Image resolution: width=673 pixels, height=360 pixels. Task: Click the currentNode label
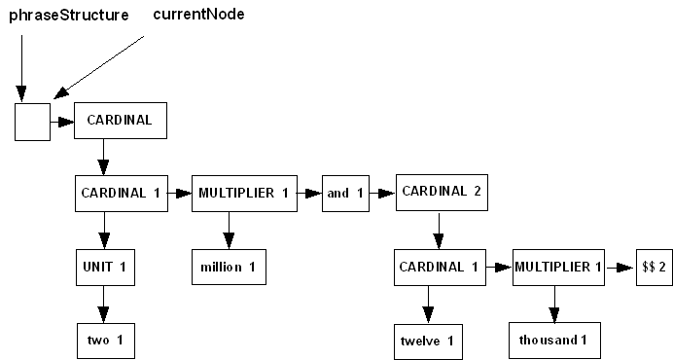click(x=199, y=15)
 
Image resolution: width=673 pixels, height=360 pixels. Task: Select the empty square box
click(x=32, y=123)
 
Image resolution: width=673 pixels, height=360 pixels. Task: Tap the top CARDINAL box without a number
click(x=121, y=122)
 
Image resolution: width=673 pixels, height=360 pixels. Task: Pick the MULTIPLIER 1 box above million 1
click(x=243, y=193)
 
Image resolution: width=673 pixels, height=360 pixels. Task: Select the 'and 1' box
click(x=345, y=193)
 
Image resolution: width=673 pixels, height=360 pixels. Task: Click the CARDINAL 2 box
click(x=441, y=191)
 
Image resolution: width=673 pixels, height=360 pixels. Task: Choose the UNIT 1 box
click(x=104, y=266)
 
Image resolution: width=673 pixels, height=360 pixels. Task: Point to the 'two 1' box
click(x=104, y=340)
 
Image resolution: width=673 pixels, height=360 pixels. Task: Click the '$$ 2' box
click(x=654, y=267)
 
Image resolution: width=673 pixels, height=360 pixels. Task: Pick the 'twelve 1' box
click(x=427, y=340)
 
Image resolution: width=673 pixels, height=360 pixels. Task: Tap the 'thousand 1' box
click(x=554, y=340)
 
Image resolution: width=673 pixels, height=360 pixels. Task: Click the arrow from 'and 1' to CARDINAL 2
click(x=383, y=193)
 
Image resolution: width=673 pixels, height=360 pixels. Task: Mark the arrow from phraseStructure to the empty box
click(x=20, y=68)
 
